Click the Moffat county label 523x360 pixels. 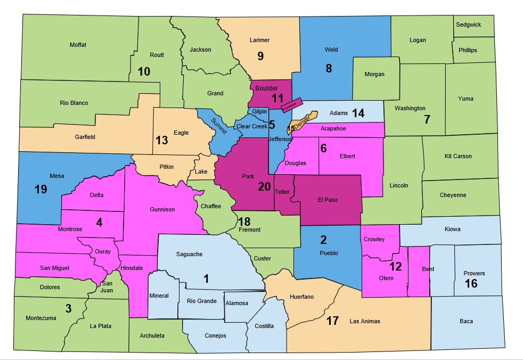pyautogui.click(x=78, y=45)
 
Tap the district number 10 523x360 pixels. pyautogui.click(x=144, y=71)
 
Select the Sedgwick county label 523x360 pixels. pyautogui.click(x=468, y=25)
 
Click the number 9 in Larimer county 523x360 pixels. pyautogui.click(x=260, y=56)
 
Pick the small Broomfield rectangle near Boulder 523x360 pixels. pyautogui.click(x=292, y=104)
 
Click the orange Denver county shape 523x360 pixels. pyautogui.click(x=304, y=119)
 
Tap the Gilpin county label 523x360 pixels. pyautogui.click(x=260, y=112)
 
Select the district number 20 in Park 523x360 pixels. pyautogui.click(x=264, y=187)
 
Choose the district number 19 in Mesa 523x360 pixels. pyautogui.click(x=41, y=189)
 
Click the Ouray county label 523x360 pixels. pyautogui.click(x=102, y=251)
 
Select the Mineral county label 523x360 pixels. pyautogui.click(x=159, y=296)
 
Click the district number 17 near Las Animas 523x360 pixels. pyautogui.click(x=333, y=321)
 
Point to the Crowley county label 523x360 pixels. pyautogui.click(x=374, y=239)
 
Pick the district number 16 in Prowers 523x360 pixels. pyautogui.click(x=471, y=283)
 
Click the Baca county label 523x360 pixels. pyautogui.click(x=466, y=321)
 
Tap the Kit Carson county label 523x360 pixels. pyautogui.click(x=458, y=157)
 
